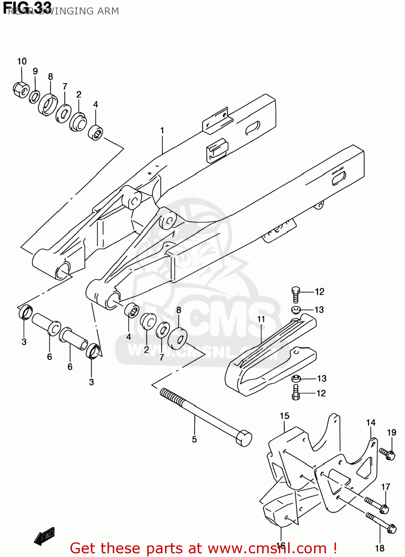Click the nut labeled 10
coord(21,89)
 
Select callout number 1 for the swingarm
coord(162,131)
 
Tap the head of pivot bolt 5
coord(244,438)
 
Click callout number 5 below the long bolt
coord(194,440)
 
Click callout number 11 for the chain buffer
coord(261,319)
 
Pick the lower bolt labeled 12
coord(296,392)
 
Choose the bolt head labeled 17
coord(384,509)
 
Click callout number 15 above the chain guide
coord(284,416)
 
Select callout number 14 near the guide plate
coord(371,423)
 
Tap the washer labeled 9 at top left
coord(34,97)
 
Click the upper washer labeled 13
coord(296,309)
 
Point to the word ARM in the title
coord(108,11)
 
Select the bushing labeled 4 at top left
coord(96,133)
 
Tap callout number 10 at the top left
coord(22,61)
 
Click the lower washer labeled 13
coord(296,379)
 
